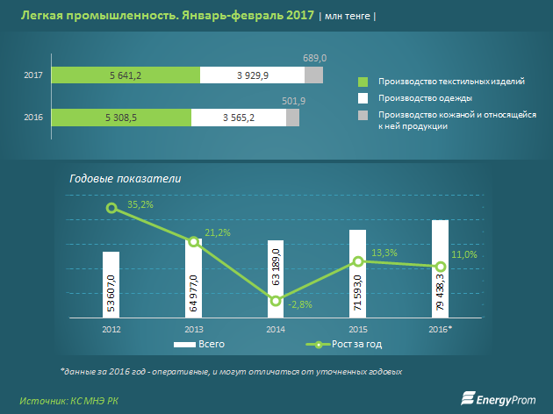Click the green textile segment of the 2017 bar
tap(126, 75)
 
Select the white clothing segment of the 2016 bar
tap(239, 115)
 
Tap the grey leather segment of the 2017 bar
tap(314, 75)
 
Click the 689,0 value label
tap(315, 58)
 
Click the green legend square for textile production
tap(363, 81)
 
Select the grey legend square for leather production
tap(363, 115)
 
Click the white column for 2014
tap(276, 278)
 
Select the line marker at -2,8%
tap(276, 301)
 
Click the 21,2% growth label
tap(218, 232)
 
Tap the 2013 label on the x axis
tap(193, 329)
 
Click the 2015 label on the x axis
tap(358, 329)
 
